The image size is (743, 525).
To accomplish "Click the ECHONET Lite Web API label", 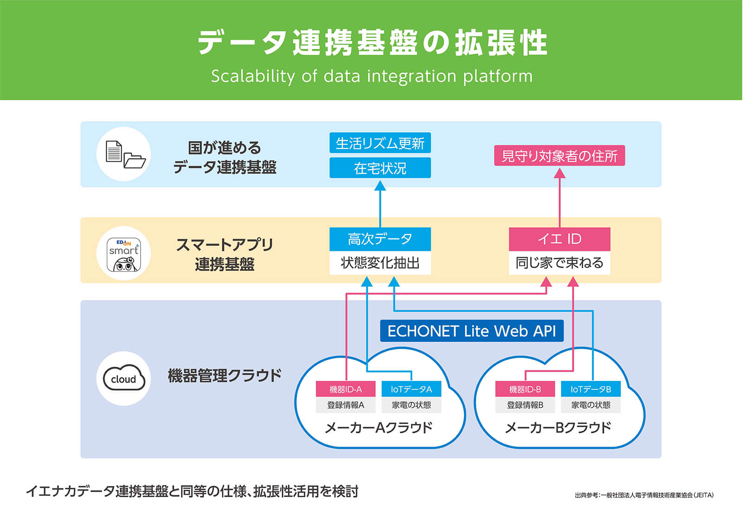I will [471, 331].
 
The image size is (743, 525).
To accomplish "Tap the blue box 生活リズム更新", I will [380, 143].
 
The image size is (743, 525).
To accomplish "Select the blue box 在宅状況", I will [380, 167].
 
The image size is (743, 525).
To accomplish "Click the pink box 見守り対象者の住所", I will [559, 156].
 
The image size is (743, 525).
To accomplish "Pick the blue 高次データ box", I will [380, 239].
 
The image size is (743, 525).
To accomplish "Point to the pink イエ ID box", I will [559, 239].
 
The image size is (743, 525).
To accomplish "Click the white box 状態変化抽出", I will [380, 263].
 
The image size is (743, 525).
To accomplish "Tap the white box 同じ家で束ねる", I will [559, 263].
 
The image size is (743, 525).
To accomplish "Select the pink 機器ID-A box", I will [345, 389].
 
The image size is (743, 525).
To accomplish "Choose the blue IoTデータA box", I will [411, 389].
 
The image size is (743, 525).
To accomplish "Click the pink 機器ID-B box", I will [525, 389].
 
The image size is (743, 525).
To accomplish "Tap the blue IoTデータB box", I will [590, 389].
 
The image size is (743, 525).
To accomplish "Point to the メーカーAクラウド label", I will [378, 427].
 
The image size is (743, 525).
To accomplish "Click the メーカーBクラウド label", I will [558, 427].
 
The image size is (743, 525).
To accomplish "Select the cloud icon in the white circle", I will [124, 378].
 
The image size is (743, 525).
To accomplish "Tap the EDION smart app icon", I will [124, 254].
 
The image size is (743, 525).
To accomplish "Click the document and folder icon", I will [124, 154].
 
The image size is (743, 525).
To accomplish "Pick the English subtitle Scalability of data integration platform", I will [371, 76].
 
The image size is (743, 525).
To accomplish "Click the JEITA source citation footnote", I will [644, 495].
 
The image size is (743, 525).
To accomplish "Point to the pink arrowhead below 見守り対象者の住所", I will [560, 173].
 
